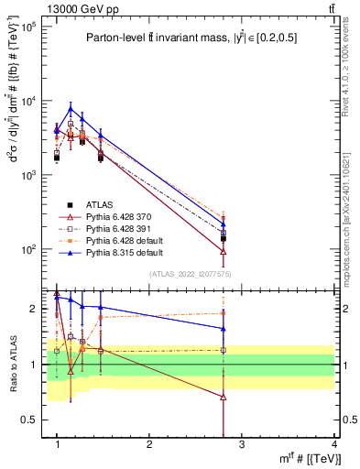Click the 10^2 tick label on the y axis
[29, 249]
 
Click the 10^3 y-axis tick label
[29, 175]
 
